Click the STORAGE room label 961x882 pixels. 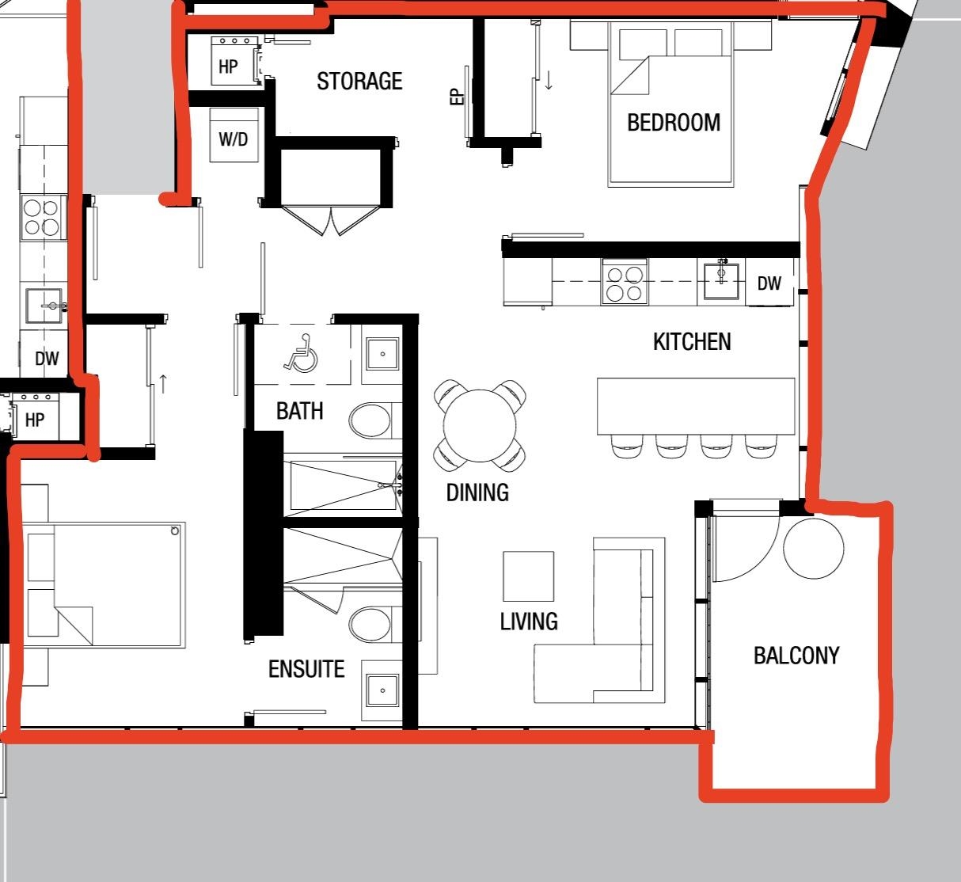click(359, 81)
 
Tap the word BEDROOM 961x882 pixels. click(674, 123)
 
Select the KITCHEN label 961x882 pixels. click(692, 342)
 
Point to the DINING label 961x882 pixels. click(477, 492)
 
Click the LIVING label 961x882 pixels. click(529, 622)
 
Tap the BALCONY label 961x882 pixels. click(796, 656)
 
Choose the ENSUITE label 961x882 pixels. click(306, 669)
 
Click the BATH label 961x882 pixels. click(299, 411)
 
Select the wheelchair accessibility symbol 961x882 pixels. click(302, 353)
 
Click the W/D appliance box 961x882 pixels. click(234, 135)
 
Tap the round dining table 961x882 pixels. click(480, 426)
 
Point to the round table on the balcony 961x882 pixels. click(814, 549)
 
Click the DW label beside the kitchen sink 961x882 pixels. click(769, 283)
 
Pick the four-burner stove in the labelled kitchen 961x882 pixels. click(625, 282)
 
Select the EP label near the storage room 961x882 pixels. click(458, 97)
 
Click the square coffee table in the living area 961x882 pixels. click(529, 576)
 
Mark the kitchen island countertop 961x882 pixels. click(696, 406)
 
